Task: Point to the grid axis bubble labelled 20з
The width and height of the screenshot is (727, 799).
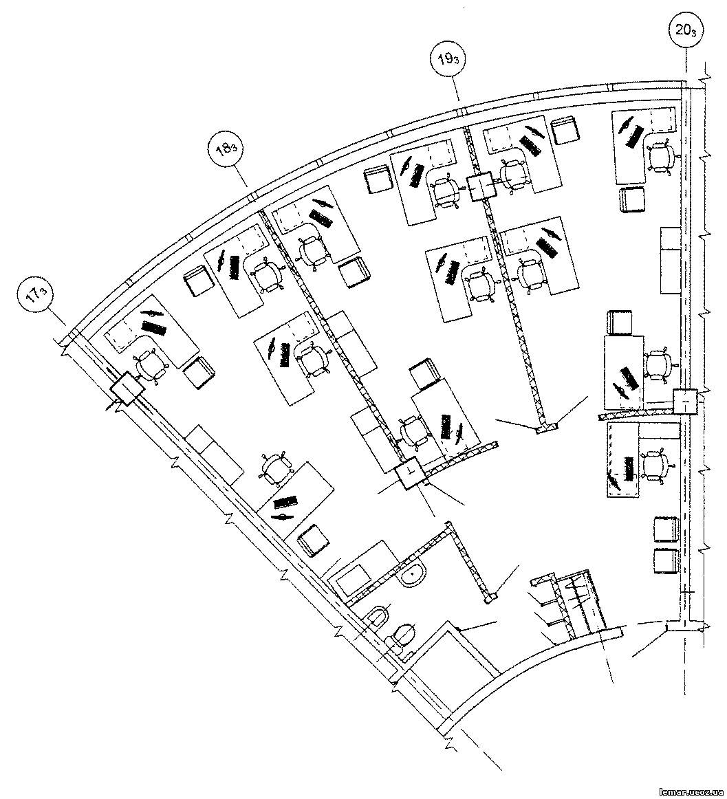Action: coord(685,30)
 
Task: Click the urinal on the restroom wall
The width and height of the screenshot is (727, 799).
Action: coord(378,617)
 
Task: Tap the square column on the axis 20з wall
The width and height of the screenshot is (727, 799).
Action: coord(684,402)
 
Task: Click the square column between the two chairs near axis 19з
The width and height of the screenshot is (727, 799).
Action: coord(481,187)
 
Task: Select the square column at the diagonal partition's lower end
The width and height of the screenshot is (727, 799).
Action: coord(411,474)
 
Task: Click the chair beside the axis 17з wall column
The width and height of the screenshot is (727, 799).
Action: coord(150,364)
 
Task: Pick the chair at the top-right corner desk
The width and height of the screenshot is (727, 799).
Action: coord(661,155)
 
